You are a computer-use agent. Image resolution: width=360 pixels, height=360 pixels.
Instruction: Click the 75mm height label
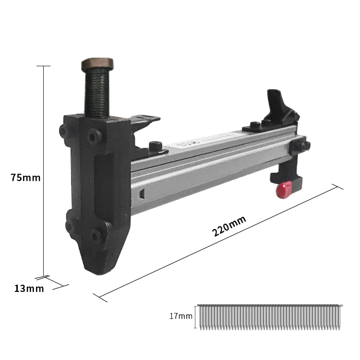[25, 178]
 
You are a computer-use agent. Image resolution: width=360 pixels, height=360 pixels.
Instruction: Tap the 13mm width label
[29, 288]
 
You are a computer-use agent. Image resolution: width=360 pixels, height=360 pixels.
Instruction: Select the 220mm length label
[229, 226]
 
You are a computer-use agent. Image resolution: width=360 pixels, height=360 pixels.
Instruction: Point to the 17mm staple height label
[181, 316]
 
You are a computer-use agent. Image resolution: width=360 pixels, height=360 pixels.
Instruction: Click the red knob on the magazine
[284, 190]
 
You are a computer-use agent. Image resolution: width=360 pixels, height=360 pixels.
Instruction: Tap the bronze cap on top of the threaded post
[97, 64]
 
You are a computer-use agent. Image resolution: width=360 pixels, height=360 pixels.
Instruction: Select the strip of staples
[270, 317]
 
